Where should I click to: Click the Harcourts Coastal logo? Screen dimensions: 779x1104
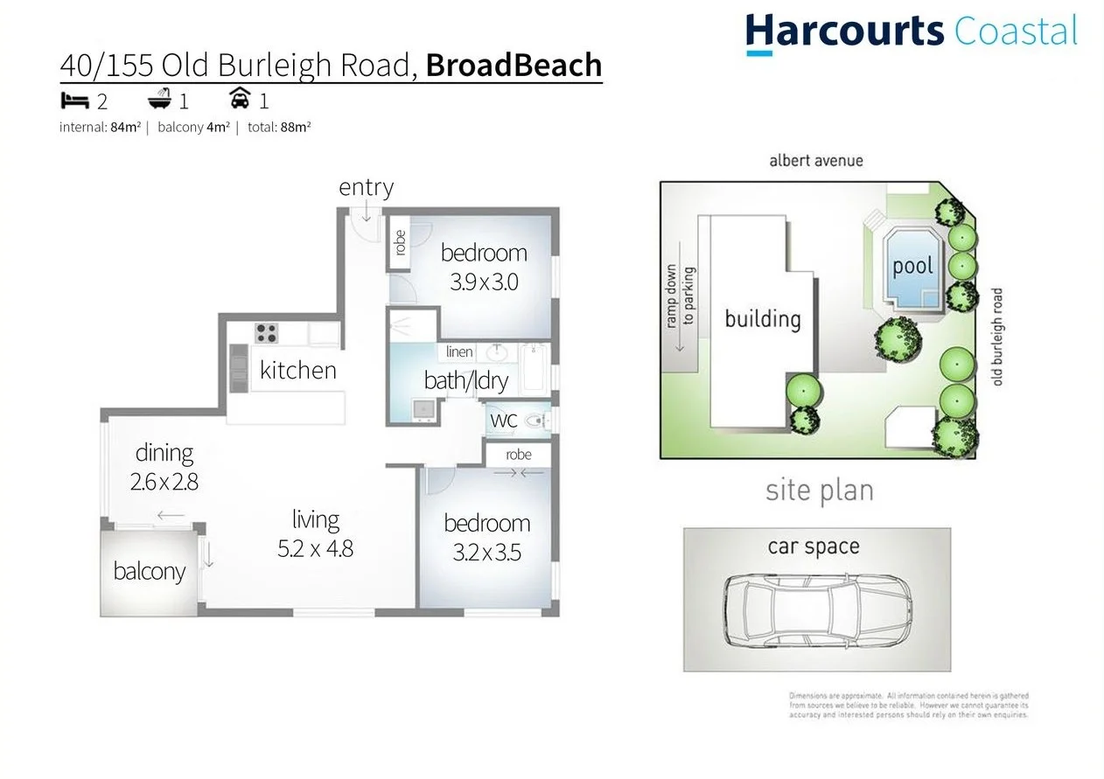(x=911, y=31)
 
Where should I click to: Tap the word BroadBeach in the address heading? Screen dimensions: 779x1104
(x=514, y=66)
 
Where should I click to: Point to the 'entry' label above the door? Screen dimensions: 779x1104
(x=366, y=187)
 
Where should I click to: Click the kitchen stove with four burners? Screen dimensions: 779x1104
(x=266, y=333)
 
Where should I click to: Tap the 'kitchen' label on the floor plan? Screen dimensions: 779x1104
(x=297, y=370)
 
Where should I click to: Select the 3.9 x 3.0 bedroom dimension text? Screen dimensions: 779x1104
(x=484, y=282)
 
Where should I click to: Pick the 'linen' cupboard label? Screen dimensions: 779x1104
(x=459, y=351)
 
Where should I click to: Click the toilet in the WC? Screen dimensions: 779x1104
(x=535, y=421)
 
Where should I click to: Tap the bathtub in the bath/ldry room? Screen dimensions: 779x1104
(x=533, y=369)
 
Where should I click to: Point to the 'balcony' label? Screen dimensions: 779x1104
(x=149, y=572)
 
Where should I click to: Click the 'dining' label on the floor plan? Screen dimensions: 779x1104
(x=164, y=453)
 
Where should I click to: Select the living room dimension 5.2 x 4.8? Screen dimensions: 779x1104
(x=315, y=549)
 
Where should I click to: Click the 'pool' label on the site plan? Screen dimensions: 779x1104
(x=912, y=266)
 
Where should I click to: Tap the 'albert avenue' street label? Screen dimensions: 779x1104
(x=815, y=161)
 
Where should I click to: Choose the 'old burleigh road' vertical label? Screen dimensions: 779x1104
(x=997, y=337)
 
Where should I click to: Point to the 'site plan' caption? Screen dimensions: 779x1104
(x=819, y=490)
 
